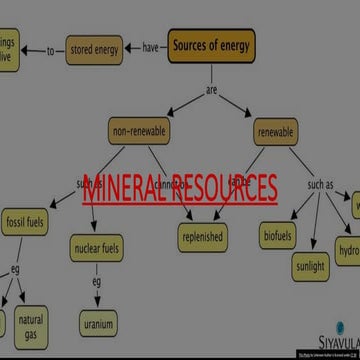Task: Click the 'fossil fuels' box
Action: tap(27, 221)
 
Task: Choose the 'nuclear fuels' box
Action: tap(97, 246)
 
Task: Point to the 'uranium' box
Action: tap(98, 324)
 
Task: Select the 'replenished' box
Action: tap(202, 237)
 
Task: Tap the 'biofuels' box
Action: tap(278, 236)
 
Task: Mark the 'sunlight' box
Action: tap(310, 267)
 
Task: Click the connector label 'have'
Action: tap(150, 48)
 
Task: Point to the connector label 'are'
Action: tap(212, 90)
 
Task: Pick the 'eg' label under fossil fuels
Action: tap(16, 269)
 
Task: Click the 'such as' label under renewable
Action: tap(320, 185)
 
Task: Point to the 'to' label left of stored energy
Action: tap(50, 50)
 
